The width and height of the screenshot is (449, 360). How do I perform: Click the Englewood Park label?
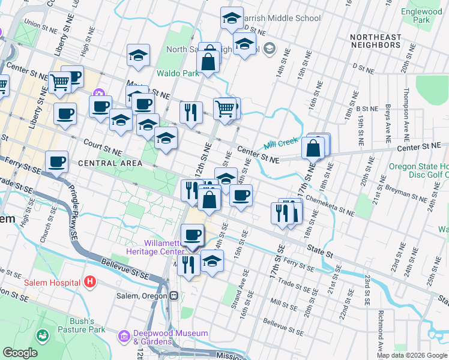click(x=421, y=16)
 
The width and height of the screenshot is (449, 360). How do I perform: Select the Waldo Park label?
click(x=177, y=73)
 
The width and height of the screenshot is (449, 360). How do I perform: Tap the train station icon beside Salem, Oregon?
click(x=173, y=296)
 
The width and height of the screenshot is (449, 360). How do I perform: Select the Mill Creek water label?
click(x=280, y=142)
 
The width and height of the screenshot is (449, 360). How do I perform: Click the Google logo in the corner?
click(x=20, y=353)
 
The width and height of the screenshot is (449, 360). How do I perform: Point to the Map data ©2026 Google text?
click(x=412, y=355)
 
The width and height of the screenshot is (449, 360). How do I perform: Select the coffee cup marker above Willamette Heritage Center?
click(x=192, y=235)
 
